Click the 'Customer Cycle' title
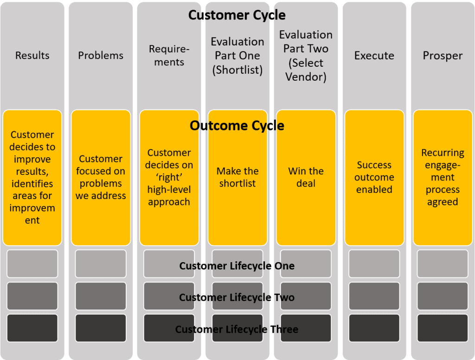click(x=237, y=15)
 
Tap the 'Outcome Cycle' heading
click(x=237, y=126)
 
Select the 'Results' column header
click(x=32, y=56)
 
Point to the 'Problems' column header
click(x=101, y=56)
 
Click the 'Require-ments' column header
click(x=169, y=56)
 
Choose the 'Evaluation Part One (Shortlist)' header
click(x=237, y=56)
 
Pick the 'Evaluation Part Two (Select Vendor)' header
click(x=306, y=56)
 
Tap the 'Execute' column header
click(x=374, y=56)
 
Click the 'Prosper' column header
click(x=443, y=56)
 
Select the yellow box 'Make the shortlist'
click(x=237, y=178)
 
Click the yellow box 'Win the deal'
click(x=306, y=178)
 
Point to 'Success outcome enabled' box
click(x=374, y=178)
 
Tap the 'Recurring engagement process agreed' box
click(x=443, y=178)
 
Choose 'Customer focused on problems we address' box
click(x=101, y=178)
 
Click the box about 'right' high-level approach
click(x=169, y=178)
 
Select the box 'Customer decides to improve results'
click(x=32, y=178)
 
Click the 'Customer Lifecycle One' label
click(x=237, y=266)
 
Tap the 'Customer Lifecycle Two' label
click(x=237, y=297)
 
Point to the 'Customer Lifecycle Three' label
click(x=237, y=329)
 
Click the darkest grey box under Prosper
click(x=443, y=328)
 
